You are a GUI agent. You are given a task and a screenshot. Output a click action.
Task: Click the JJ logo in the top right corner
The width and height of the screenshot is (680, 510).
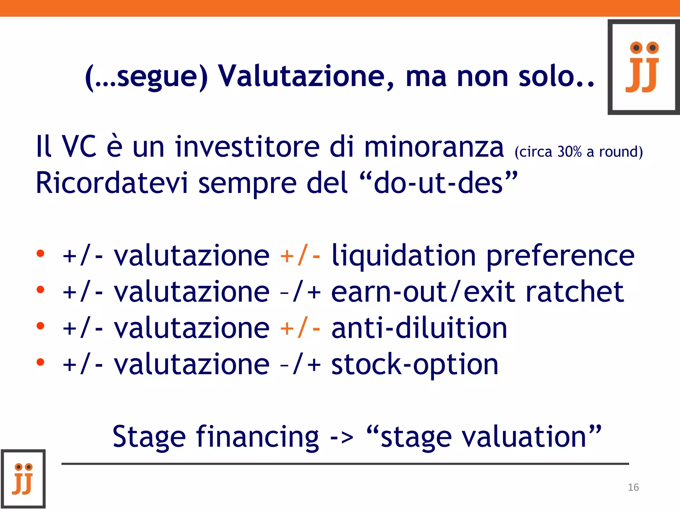click(x=643, y=67)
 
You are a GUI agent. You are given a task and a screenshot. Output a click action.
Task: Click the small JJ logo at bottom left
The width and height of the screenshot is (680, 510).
click(x=23, y=478)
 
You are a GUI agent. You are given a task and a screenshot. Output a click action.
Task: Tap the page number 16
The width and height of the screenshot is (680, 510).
click(x=633, y=487)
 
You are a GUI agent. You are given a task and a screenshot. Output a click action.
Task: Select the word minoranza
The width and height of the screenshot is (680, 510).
click(x=434, y=147)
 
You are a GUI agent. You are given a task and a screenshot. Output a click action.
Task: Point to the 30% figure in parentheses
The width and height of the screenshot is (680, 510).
click(x=569, y=152)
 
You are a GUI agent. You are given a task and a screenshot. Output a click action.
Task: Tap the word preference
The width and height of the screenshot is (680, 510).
click(x=560, y=256)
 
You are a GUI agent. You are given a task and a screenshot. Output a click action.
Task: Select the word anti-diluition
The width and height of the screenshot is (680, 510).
click(x=419, y=328)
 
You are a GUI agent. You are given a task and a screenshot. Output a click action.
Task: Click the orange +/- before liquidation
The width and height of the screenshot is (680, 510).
click(x=300, y=255)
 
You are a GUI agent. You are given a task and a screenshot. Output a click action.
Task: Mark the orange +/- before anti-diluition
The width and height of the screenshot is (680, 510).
click(x=300, y=328)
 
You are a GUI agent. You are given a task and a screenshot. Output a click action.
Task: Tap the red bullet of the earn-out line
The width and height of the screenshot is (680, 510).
click(x=41, y=290)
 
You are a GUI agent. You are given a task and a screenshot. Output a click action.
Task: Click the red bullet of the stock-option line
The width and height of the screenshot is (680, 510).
click(x=41, y=362)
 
